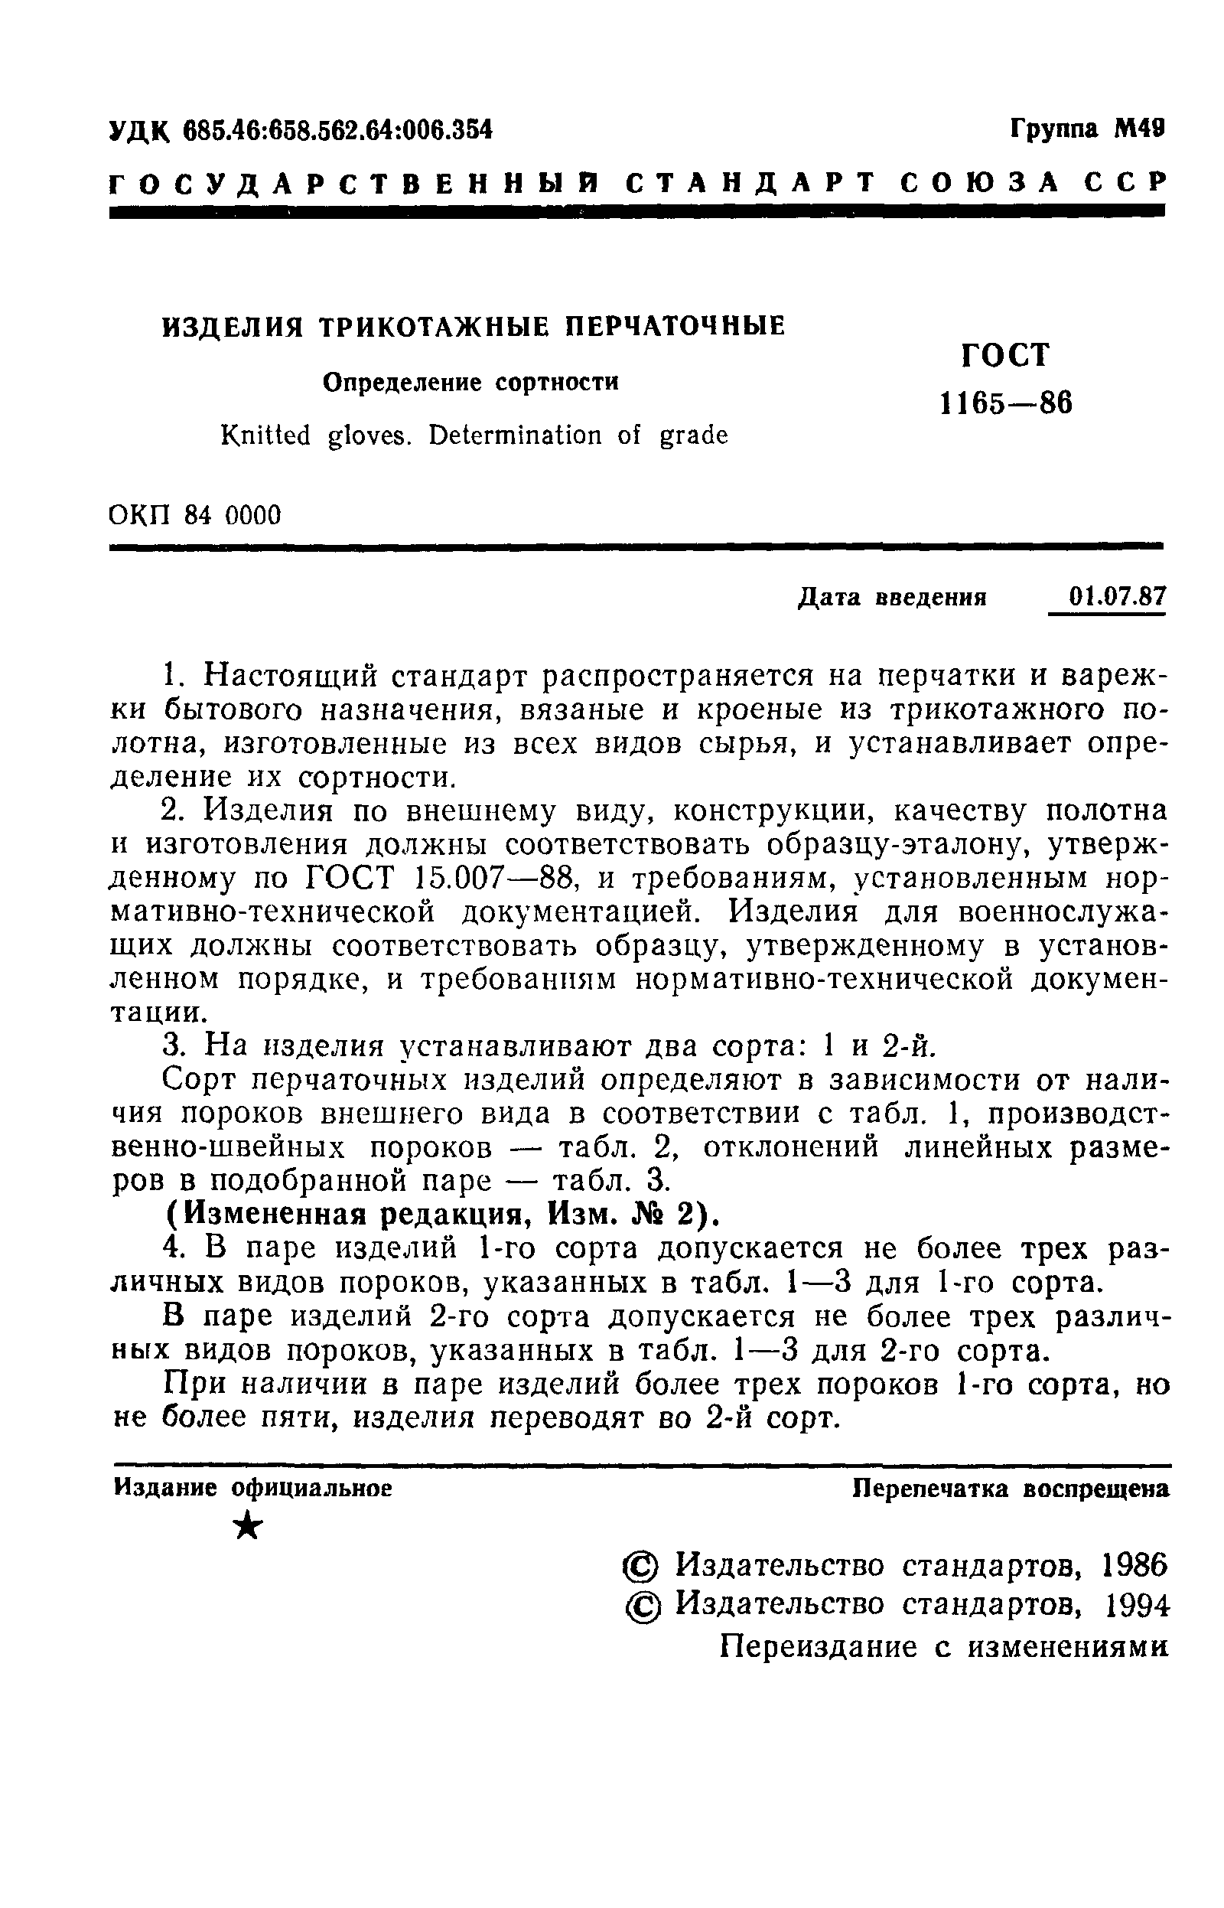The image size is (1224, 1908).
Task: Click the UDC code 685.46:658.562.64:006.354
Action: pos(338,129)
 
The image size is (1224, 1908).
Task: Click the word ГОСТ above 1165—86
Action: pos(1005,355)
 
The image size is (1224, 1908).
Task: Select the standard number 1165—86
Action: pos(1005,404)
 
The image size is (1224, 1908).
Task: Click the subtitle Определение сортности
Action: pos(470,383)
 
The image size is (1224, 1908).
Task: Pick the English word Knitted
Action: pos(265,435)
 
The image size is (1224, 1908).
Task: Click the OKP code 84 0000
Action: pos(232,516)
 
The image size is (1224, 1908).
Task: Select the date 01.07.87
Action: pos(1117,595)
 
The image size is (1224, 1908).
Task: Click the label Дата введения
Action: pos(891,597)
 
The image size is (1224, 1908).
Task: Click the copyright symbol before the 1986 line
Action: pos(640,1566)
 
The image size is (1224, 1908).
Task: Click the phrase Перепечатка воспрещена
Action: pos(1011,1489)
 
